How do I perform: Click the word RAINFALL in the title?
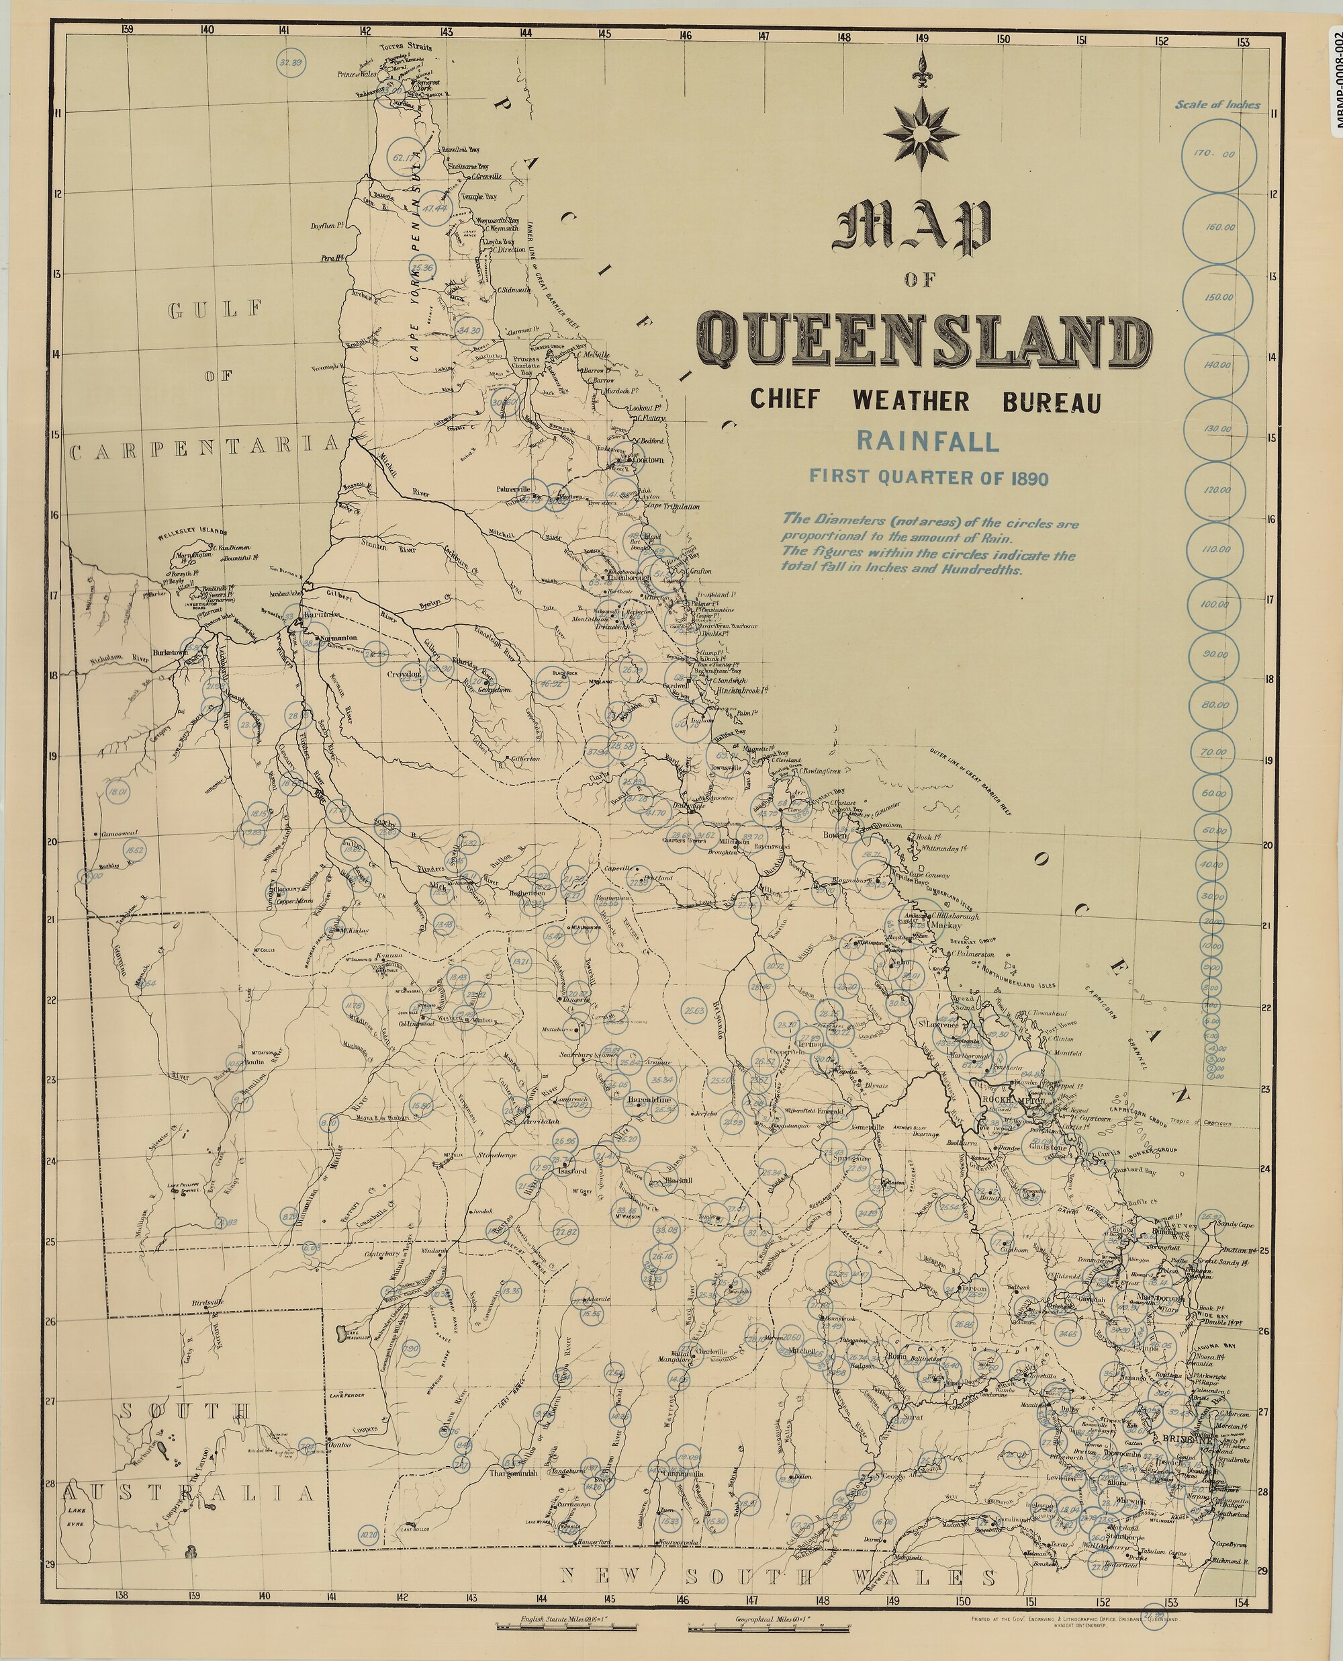click(x=927, y=442)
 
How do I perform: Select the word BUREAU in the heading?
click(x=1052, y=402)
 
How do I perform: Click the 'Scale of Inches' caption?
click(x=1228, y=105)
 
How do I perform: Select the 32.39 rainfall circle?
click(x=292, y=62)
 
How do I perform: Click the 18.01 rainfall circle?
click(x=118, y=793)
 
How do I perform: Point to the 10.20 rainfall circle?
click(x=370, y=1535)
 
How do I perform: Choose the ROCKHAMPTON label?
click(x=1013, y=1100)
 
